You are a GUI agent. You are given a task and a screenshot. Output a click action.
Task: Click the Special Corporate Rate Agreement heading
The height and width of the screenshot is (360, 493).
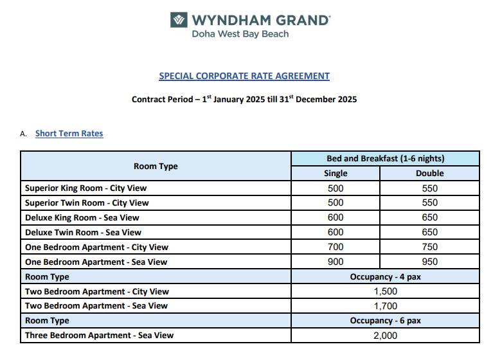point(244,76)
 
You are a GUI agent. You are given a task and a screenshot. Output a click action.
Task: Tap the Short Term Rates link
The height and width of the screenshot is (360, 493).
point(69,134)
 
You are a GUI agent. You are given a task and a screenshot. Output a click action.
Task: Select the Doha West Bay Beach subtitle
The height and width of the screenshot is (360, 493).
point(240,33)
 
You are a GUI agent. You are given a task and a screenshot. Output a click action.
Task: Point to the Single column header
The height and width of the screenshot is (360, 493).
point(336,173)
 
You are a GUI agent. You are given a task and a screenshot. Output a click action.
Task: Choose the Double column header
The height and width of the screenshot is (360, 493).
point(430,173)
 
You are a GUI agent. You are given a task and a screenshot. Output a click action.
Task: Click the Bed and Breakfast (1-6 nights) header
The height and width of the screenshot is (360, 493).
point(386,158)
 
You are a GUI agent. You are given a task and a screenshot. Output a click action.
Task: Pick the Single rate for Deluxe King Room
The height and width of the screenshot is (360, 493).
point(336,217)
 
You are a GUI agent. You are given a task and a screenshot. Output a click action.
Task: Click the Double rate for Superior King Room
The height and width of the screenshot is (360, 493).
point(430,188)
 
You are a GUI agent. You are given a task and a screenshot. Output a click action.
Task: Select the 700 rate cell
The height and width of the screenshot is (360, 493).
point(336,247)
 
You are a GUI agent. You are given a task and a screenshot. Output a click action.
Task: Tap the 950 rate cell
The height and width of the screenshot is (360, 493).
point(430,262)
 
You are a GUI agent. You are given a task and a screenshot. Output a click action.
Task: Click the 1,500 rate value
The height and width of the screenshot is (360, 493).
point(386,291)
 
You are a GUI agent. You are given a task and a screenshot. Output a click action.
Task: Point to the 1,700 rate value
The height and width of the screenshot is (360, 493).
point(386,306)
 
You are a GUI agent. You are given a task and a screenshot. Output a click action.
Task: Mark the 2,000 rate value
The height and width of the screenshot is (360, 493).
point(386,335)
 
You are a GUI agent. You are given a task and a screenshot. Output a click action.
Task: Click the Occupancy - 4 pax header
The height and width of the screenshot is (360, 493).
point(386,276)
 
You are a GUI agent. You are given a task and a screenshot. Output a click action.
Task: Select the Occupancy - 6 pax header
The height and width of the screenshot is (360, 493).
point(386,320)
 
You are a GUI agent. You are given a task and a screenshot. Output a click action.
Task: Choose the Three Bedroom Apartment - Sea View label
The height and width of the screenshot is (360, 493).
point(99,335)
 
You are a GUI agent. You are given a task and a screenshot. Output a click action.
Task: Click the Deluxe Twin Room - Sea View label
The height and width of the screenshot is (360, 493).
point(83,232)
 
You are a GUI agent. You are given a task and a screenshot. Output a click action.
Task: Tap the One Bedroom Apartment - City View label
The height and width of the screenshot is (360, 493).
point(96,247)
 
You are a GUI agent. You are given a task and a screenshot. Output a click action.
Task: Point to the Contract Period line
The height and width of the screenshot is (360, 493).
point(244,100)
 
